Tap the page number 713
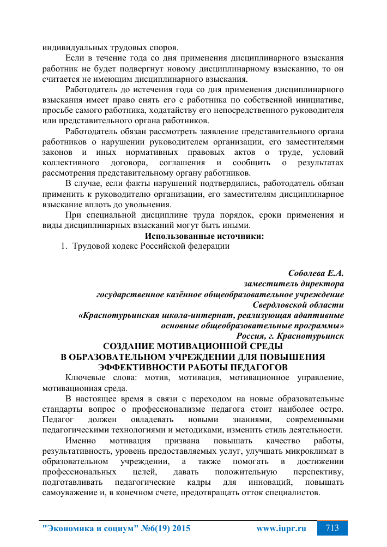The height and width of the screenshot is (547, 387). [332, 528]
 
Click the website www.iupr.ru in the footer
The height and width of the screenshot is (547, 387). [281, 528]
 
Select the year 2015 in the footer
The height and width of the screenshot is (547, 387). [180, 528]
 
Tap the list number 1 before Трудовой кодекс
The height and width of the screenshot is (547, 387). [63, 246]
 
